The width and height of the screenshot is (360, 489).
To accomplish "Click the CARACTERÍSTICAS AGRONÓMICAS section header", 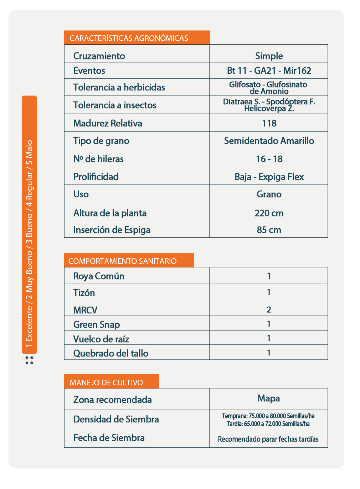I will click(129, 38).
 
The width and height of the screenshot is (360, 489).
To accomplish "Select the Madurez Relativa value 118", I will click(269, 123).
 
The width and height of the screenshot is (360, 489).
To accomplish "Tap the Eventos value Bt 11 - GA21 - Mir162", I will click(269, 71).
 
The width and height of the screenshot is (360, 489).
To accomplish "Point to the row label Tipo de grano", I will click(101, 141).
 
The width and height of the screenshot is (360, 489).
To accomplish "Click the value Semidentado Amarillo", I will click(269, 141).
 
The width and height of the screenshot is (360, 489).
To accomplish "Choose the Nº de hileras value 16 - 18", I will click(269, 159).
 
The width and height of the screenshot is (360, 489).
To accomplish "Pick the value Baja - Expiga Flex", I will click(269, 177).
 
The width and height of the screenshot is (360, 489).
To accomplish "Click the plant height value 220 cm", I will click(269, 213).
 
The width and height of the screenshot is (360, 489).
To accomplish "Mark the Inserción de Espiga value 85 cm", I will click(269, 230).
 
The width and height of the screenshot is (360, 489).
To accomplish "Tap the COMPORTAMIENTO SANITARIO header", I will click(122, 261).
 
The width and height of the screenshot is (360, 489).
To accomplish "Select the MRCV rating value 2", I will click(269, 309).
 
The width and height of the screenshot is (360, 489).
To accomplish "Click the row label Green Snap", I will click(97, 324).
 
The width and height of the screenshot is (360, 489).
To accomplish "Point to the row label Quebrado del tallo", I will click(111, 353).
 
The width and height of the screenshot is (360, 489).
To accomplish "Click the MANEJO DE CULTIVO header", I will click(106, 383).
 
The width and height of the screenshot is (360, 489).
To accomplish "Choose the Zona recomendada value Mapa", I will click(268, 398).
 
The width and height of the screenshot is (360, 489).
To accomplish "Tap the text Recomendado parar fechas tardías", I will click(268, 439).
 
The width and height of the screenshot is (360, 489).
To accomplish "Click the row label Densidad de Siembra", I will click(116, 419).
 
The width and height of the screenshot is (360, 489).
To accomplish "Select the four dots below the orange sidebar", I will click(29, 360).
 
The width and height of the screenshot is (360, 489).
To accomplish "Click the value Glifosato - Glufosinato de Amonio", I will click(268, 88).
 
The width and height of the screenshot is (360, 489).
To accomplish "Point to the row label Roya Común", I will click(99, 276).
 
